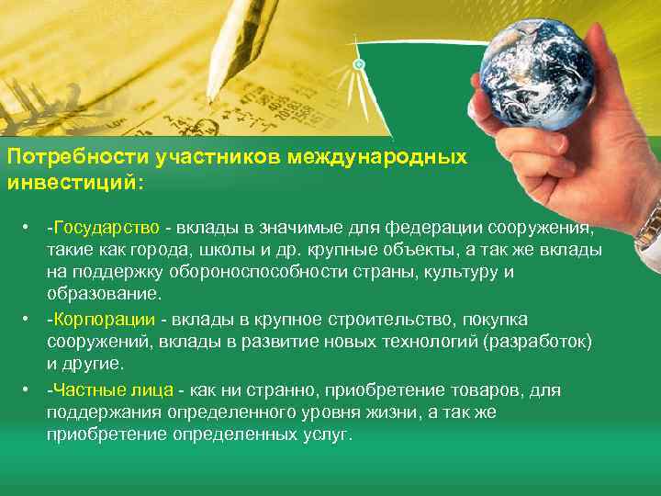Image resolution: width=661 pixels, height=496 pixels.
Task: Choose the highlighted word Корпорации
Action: coord(102,318)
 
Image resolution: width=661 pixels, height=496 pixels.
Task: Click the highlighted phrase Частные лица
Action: coord(108,389)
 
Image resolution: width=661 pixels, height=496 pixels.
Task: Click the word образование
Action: coord(103,294)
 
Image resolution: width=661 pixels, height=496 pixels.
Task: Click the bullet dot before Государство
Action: coord(30,227)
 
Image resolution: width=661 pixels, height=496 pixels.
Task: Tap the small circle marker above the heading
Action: coord(359,64)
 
